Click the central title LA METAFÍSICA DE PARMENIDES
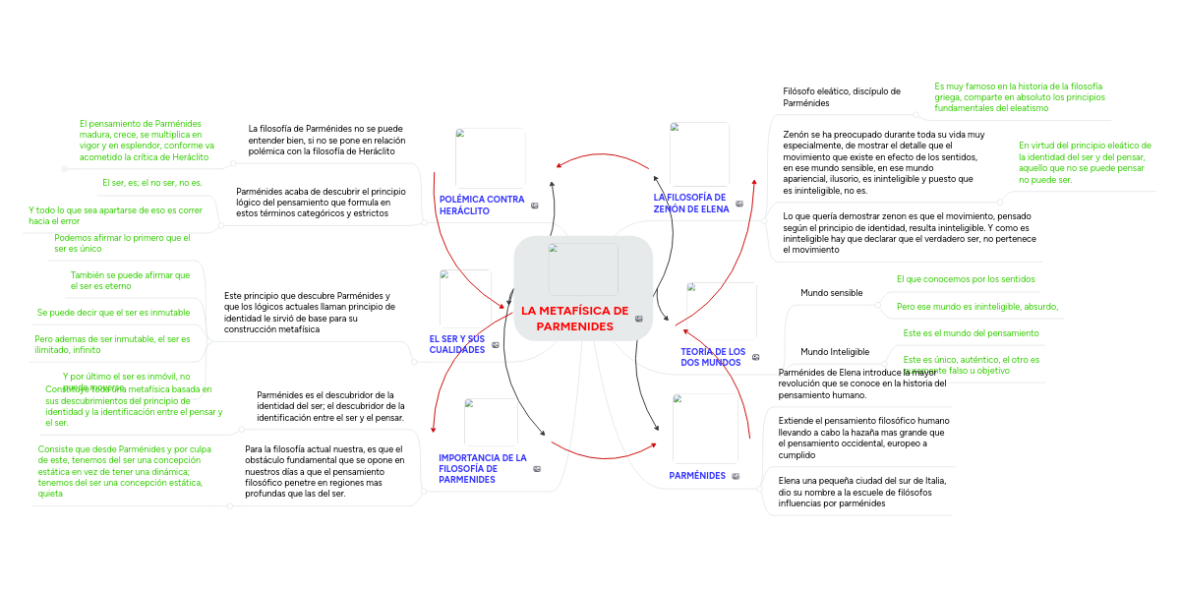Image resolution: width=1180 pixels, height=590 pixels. tap(575, 319)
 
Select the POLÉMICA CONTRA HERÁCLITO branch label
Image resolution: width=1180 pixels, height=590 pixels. tap(482, 206)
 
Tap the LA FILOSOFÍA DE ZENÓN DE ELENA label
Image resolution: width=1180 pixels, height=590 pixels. tap(691, 203)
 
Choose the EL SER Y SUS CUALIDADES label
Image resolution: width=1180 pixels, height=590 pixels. tap(457, 344)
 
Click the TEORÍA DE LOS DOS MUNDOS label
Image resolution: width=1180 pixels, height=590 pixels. tap(713, 357)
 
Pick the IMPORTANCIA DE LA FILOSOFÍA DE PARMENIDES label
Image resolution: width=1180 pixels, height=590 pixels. tap(483, 468)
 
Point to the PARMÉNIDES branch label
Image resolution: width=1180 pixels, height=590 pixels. tap(697, 476)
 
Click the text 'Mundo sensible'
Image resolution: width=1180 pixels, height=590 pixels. tap(831, 293)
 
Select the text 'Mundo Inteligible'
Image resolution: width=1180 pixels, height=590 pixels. tap(835, 351)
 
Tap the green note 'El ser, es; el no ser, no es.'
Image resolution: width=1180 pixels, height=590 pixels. tap(152, 183)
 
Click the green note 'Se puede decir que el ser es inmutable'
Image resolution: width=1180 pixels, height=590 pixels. tap(113, 313)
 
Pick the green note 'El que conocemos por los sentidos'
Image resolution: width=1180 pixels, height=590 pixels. tap(966, 279)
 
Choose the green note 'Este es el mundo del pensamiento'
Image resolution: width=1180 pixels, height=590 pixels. tap(971, 333)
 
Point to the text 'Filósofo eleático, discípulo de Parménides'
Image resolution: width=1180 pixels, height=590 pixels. tap(842, 96)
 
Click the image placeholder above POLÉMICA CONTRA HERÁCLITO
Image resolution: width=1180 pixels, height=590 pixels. tap(490, 157)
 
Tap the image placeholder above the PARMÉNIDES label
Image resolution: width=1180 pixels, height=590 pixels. tap(704, 428)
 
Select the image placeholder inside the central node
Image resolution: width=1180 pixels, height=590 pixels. tap(583, 268)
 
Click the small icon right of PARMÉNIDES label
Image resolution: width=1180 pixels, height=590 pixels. tap(736, 477)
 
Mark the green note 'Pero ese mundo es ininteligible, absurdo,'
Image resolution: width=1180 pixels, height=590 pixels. tap(977, 307)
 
